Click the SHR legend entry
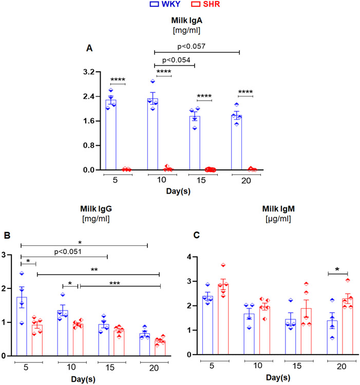pos(198,6)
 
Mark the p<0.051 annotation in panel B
pos(64,251)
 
